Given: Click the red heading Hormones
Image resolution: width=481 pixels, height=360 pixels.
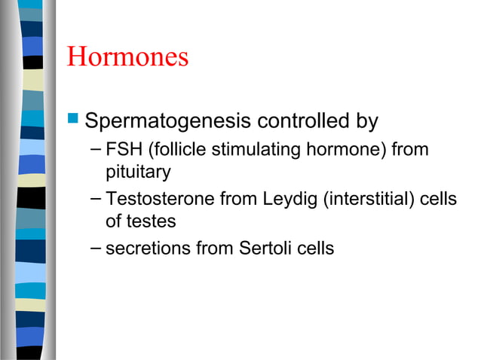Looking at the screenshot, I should pyautogui.click(x=127, y=58).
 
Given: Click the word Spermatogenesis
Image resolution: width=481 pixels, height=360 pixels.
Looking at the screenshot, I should pyautogui.click(x=170, y=121).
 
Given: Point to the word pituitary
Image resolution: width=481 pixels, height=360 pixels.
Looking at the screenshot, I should pyautogui.click(x=138, y=172).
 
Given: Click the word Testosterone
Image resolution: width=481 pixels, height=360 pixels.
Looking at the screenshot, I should pyautogui.click(x=155, y=199).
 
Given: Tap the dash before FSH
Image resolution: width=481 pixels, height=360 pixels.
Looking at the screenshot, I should pyautogui.click(x=94, y=148).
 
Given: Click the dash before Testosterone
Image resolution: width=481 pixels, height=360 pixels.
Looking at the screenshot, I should pyautogui.click(x=94, y=197).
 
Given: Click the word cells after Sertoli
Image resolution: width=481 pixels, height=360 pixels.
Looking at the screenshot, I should pyautogui.click(x=316, y=248).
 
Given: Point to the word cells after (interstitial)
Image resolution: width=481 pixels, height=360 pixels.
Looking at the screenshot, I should pyautogui.click(x=439, y=199).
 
